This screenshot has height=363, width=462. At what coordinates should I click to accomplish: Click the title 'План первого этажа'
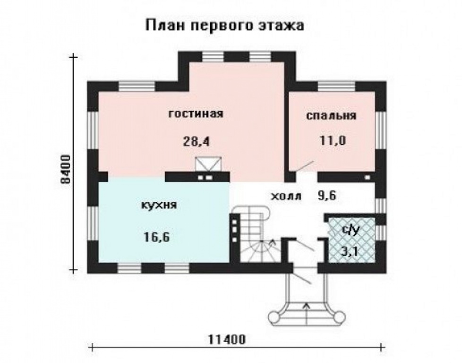225,26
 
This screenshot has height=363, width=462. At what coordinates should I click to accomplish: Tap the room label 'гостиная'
196,114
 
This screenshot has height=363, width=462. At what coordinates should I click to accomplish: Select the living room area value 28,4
196,141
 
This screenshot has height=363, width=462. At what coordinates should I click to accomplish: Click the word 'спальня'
331,116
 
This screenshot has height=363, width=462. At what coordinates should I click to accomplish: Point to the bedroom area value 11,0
333,140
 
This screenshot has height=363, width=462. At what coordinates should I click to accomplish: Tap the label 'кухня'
159,205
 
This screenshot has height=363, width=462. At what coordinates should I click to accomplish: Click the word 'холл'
287,196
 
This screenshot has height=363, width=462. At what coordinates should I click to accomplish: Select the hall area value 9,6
327,195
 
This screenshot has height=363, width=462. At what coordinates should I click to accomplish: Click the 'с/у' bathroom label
351,230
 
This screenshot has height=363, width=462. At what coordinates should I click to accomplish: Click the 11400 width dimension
227,339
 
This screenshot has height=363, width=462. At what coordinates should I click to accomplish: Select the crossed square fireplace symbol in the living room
208,164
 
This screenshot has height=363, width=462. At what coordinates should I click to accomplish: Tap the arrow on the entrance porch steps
307,313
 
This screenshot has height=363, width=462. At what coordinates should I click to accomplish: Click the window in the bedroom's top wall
336,86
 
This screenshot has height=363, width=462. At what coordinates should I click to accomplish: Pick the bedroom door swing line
305,166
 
